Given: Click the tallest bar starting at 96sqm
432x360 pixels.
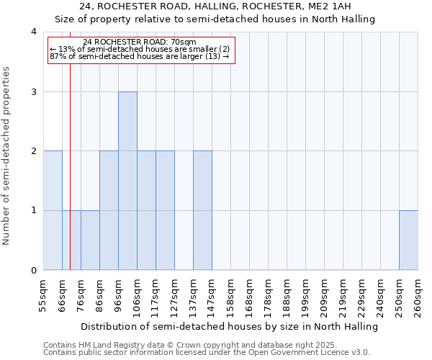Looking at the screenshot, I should (127, 181).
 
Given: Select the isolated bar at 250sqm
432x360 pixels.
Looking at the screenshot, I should (408, 240).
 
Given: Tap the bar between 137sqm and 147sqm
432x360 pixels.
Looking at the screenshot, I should (202, 210).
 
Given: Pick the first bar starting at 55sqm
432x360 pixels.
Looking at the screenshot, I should (53, 210).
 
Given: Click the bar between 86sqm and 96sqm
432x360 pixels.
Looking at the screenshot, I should (109, 210).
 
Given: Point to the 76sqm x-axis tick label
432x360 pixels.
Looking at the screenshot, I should (81, 295).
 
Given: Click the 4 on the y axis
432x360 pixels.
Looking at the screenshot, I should (34, 32).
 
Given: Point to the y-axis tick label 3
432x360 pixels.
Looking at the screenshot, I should (34, 91).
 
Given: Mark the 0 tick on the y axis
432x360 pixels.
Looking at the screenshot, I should (34, 270).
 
